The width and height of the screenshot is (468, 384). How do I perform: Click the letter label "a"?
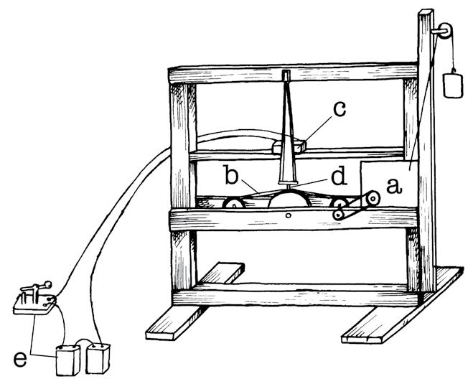(392, 184)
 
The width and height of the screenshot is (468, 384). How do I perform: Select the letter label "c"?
(340, 109)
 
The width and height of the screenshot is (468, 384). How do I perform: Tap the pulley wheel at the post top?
(444, 31)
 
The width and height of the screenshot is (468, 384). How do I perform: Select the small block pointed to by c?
(289, 146)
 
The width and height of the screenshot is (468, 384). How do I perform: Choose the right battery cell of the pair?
(98, 356)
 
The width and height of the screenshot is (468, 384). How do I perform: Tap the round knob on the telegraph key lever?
(48, 283)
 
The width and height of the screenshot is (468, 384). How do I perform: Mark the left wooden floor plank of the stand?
(195, 301)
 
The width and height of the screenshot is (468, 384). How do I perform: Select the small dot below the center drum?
(287, 214)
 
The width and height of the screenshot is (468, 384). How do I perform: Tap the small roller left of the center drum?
(234, 204)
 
